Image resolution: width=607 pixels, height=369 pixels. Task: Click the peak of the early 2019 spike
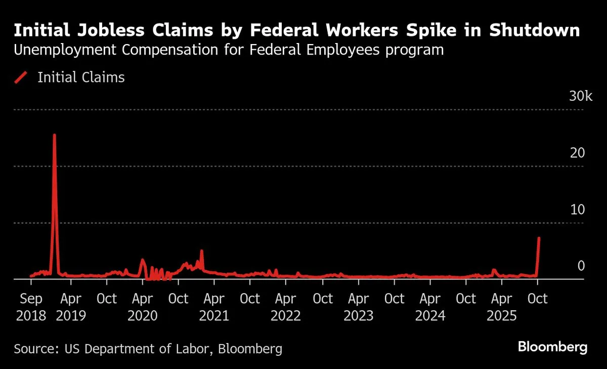54,135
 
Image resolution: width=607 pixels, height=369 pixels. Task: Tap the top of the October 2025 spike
539,237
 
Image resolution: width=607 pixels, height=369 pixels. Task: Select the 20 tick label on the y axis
578,153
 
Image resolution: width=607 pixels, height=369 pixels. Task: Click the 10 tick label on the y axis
578,210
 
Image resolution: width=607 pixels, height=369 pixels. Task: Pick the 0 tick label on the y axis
581,266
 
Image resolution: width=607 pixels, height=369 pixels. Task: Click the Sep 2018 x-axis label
31,307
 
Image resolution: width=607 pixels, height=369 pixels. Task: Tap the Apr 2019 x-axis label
70,307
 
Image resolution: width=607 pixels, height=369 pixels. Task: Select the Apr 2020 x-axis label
142,307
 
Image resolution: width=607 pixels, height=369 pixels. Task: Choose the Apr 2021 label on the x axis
214,307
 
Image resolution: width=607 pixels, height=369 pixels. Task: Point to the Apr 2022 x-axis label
286,307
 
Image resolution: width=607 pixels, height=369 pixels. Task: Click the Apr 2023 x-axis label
358,307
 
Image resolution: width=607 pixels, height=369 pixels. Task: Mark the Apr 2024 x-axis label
430,307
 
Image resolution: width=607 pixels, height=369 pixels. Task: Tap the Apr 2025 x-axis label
502,307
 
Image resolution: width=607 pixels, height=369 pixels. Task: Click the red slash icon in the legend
21,77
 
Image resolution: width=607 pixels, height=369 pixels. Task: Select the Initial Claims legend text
81,77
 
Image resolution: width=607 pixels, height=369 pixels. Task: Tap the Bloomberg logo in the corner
553,347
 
